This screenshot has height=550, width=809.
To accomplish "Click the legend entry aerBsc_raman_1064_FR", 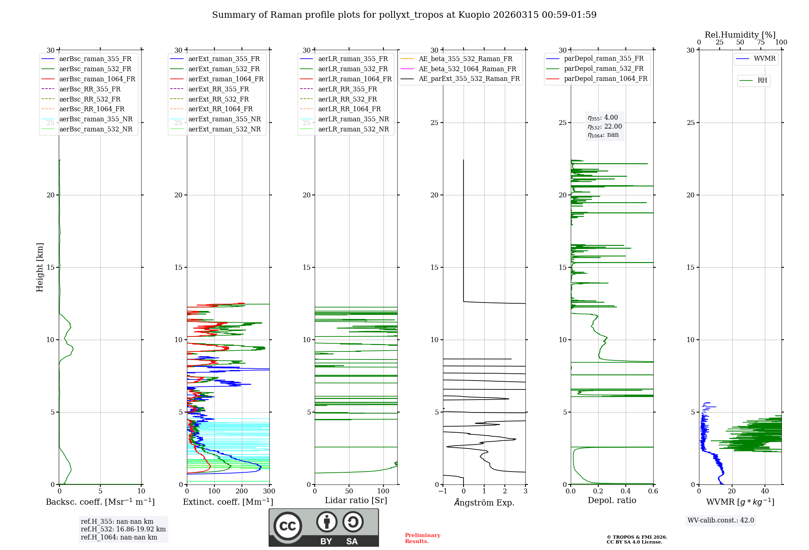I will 97,79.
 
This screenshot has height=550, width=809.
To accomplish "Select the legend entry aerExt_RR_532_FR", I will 218,99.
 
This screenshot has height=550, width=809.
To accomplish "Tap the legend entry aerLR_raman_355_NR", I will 353,119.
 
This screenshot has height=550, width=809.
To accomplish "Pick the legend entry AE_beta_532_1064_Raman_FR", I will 467,69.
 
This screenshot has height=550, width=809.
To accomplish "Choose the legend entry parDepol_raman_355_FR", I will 604,59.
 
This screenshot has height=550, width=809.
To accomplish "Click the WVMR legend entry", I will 764,59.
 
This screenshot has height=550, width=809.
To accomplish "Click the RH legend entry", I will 762,80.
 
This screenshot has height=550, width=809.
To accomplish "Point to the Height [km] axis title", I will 40,267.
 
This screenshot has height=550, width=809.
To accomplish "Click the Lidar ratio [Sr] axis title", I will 356,500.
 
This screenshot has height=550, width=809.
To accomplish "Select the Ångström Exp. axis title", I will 484,503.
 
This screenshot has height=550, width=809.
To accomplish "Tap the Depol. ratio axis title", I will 612,500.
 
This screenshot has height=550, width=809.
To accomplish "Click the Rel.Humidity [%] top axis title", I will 740,35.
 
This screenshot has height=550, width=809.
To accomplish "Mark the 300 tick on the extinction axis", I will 269,491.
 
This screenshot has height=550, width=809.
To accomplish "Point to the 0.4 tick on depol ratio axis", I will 626,491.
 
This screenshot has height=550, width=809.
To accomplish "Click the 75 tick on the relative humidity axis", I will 761,42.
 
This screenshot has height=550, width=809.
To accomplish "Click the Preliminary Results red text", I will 422,538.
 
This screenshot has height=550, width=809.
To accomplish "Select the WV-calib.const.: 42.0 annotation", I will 720,520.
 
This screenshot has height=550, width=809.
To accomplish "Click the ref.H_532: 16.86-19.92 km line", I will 123,529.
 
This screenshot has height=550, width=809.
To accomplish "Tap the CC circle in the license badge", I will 288,526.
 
